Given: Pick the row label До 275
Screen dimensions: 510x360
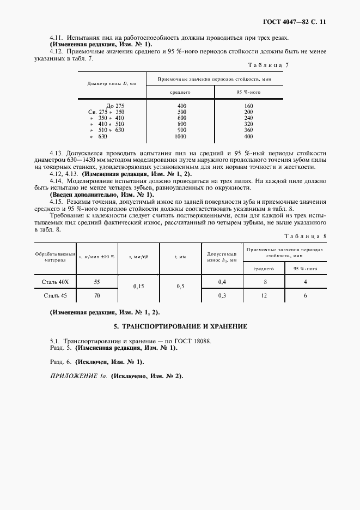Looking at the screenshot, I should pos(116,105).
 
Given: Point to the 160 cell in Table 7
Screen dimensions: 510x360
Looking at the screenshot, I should pos(249,105).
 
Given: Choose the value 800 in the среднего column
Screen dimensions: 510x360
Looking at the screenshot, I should pos(181,124).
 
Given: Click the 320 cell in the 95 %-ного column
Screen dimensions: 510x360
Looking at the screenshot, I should pos(249,124).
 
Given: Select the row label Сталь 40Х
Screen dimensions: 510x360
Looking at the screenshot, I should pos(56,282).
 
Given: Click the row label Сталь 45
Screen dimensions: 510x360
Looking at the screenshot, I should pos(56,295).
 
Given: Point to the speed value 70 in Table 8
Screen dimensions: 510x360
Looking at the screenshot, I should pos(97,295).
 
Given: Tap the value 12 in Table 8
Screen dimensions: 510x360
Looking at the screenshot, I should pos(265,295).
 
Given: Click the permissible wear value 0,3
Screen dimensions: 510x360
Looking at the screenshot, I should pos(222,295).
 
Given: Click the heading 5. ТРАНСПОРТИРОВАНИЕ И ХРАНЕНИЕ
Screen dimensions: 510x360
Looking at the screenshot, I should pos(180,326).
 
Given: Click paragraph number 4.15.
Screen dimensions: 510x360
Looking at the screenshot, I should pos(58,201).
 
